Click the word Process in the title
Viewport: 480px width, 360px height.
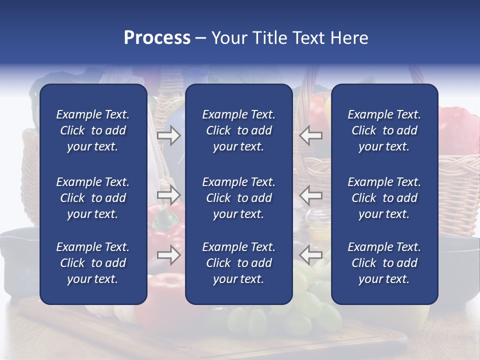coord(157,38)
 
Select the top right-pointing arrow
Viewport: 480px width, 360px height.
coord(168,135)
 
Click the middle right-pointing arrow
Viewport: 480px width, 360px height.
coord(168,194)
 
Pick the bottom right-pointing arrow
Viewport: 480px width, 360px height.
coord(168,255)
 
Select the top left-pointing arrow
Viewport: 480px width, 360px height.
coord(311,135)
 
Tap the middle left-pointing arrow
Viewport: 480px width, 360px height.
coord(311,194)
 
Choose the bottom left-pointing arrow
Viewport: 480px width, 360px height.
coord(311,255)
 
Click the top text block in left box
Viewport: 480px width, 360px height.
coord(93,130)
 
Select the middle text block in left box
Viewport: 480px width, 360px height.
coord(93,198)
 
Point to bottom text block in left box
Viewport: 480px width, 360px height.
coord(93,263)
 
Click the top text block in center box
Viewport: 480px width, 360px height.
coord(238,130)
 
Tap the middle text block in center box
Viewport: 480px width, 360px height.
coord(238,198)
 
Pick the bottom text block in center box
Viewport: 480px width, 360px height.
coord(238,263)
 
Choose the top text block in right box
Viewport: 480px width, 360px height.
coord(384,130)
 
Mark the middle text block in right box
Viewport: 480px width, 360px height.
coord(384,198)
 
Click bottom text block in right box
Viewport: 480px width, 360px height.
coord(384,263)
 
